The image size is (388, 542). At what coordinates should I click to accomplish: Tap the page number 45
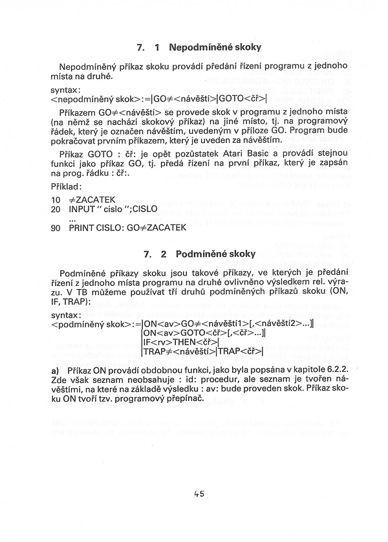tap(199, 494)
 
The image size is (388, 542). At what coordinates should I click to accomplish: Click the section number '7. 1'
tap(148, 47)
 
